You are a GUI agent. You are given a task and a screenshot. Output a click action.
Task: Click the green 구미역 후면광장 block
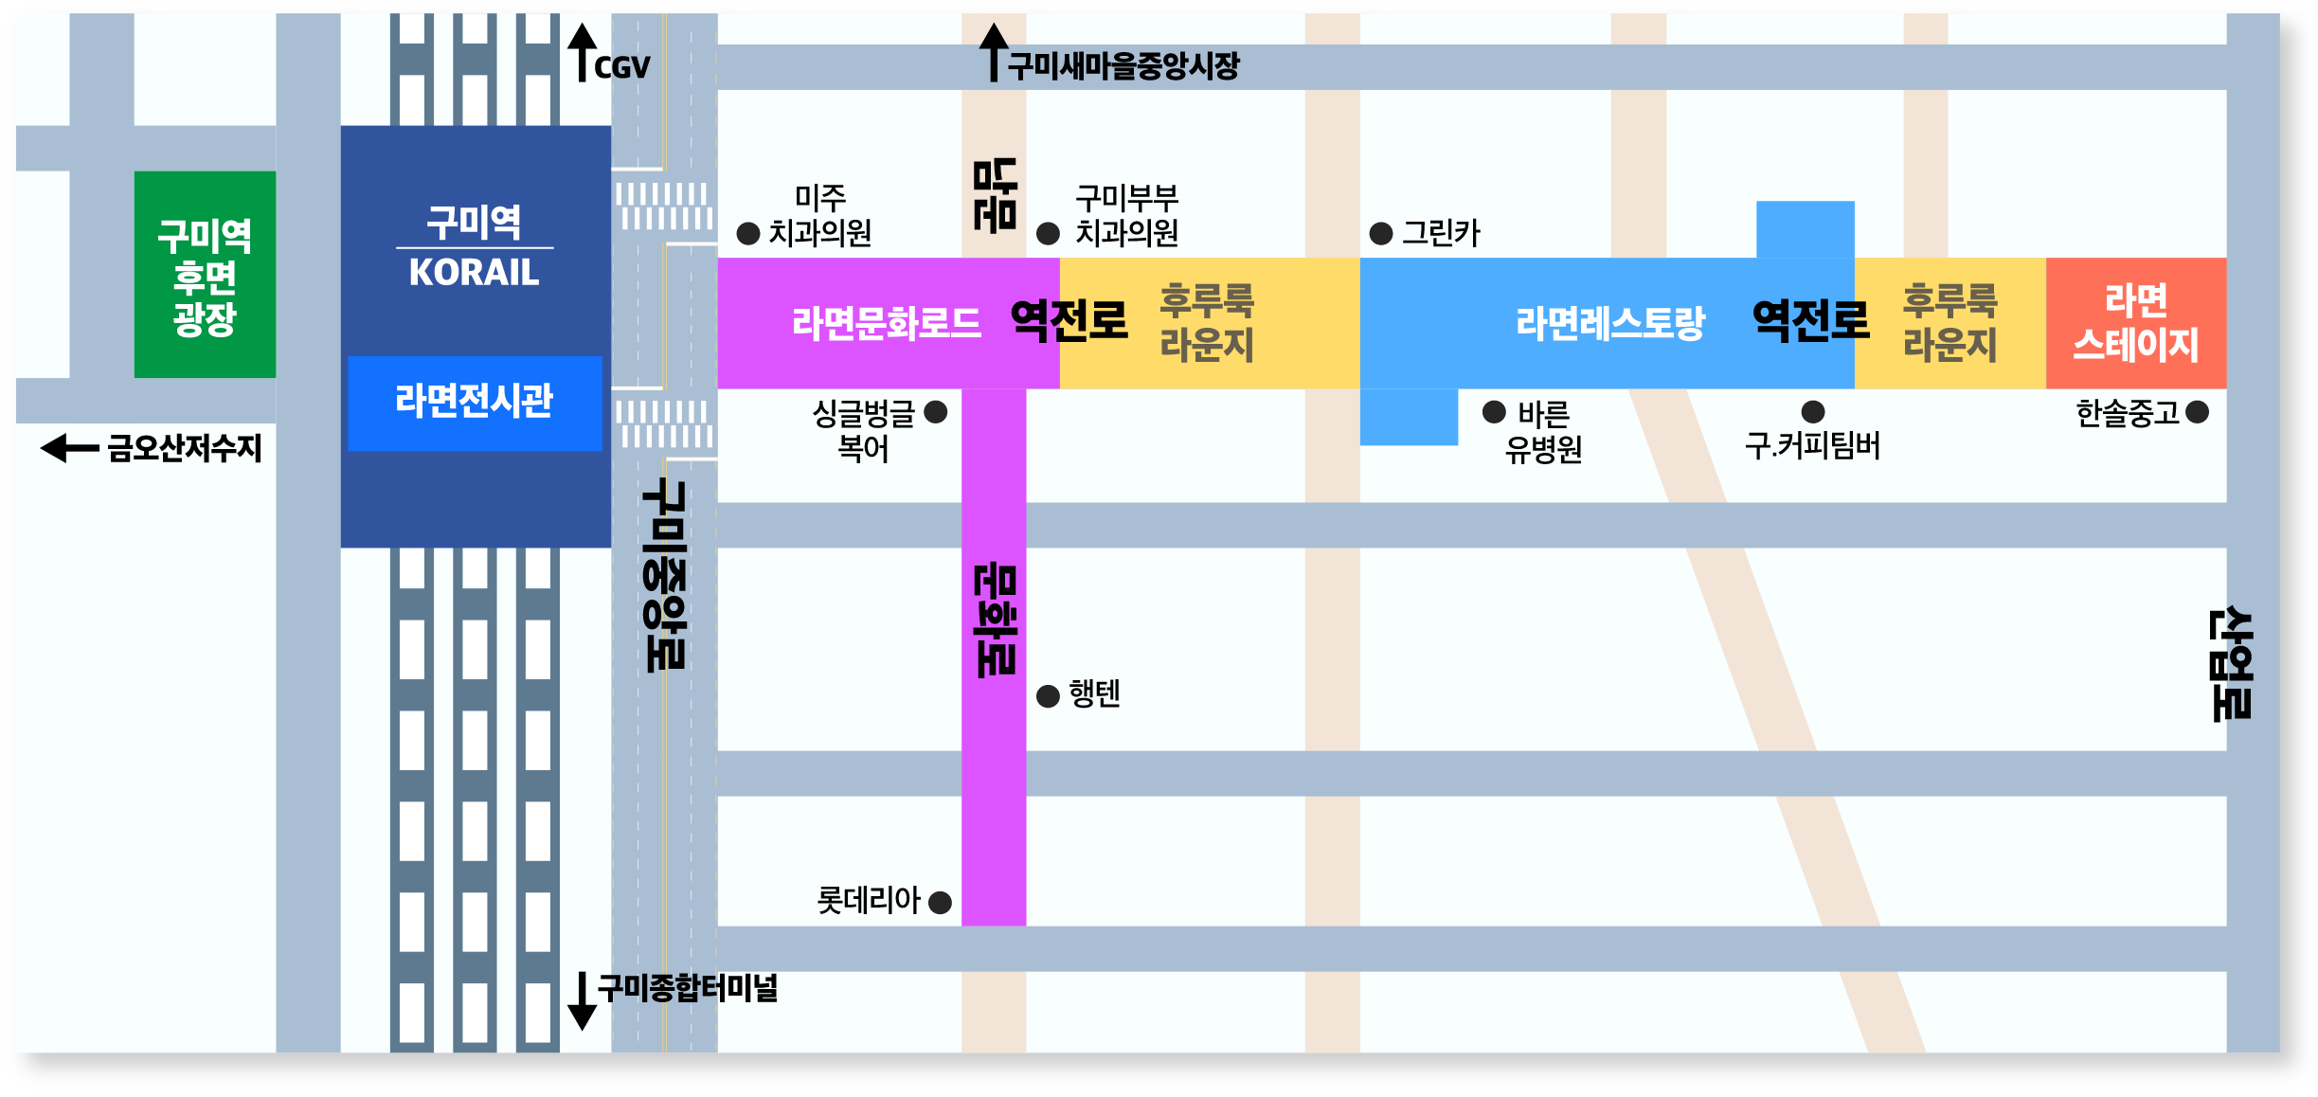[205, 275]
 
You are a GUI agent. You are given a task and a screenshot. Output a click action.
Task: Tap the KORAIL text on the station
[474, 273]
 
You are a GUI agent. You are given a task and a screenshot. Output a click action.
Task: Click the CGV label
[622, 67]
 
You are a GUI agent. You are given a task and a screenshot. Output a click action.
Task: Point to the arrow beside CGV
[582, 52]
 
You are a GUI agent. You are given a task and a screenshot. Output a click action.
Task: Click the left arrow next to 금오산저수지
[69, 448]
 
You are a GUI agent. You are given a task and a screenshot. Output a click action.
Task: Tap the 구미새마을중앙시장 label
[1123, 66]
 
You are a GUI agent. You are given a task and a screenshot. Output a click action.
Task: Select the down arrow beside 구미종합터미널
[582, 1001]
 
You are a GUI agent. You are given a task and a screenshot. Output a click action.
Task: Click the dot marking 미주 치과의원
[748, 233]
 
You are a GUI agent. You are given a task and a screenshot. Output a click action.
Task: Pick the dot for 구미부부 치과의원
[1048, 233]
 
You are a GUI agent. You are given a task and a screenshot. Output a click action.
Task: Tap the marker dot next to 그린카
[1381, 233]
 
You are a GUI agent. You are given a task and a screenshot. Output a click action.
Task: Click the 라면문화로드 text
[886, 324]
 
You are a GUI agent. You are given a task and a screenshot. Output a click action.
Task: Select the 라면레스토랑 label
[1609, 324]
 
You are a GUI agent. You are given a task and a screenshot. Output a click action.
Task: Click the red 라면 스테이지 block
[2136, 323]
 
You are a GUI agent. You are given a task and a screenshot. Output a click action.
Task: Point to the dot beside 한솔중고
[2198, 412]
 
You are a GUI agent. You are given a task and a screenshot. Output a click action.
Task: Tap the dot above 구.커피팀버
[1813, 411]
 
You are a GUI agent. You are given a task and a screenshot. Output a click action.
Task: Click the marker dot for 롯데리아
[940, 902]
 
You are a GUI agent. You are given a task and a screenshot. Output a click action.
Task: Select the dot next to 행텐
[1048, 696]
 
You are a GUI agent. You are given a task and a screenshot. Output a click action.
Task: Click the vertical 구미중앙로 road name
[665, 575]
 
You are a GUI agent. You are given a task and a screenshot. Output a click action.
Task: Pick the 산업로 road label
[2231, 663]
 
